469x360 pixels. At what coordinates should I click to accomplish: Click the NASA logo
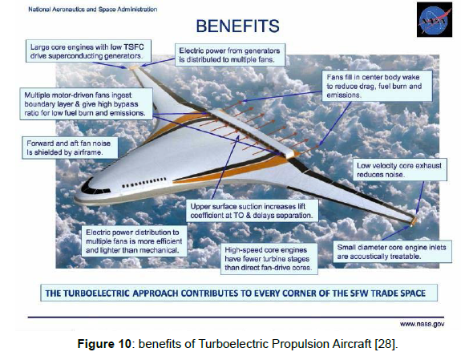(435, 20)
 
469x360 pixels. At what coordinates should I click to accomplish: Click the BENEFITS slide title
(238, 26)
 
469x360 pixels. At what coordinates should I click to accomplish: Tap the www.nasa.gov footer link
(422, 324)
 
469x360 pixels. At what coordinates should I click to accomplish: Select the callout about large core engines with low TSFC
(88, 51)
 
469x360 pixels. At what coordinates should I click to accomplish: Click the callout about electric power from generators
(230, 55)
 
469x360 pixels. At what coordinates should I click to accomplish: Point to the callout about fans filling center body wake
(377, 86)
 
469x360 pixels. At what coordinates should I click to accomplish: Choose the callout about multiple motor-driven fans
(86, 104)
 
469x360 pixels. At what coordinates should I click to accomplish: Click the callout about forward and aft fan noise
(70, 148)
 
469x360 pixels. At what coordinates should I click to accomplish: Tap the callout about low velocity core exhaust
(399, 170)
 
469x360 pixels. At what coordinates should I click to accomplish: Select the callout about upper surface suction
(252, 211)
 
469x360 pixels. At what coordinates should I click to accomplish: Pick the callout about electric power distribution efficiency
(135, 241)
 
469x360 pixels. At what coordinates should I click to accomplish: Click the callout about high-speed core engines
(269, 259)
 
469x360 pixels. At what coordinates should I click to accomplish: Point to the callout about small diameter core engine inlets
(392, 252)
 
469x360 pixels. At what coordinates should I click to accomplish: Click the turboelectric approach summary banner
(239, 293)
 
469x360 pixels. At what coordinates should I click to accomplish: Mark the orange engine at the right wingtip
(414, 220)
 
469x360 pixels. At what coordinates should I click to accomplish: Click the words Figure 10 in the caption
(104, 344)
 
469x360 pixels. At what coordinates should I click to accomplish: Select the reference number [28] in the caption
(386, 344)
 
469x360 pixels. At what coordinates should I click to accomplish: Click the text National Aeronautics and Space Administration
(93, 10)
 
